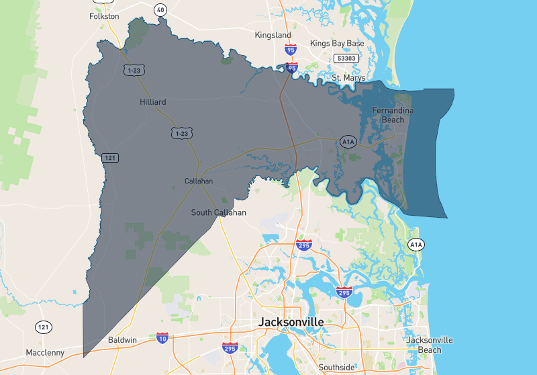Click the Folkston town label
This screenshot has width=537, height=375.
coord(104,15)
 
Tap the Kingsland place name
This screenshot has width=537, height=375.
coord(273,35)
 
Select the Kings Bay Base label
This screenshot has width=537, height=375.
coord(337,44)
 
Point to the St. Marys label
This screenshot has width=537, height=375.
coord(349,78)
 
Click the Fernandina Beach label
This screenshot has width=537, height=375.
coord(393,115)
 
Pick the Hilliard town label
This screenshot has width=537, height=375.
coord(153,102)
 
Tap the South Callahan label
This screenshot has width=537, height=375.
coord(218,212)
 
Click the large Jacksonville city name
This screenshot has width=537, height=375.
coord(291,323)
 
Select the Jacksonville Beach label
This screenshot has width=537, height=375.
coord(430,345)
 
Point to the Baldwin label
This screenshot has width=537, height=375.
coord(123,340)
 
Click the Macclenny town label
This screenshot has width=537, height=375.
coord(45,353)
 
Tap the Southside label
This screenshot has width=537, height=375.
coord(336,368)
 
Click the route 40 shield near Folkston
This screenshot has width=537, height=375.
coord(160,9)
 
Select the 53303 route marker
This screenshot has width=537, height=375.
coord(347,58)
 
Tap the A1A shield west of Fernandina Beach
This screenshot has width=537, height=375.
coord(348,142)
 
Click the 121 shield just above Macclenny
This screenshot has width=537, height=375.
coord(44,327)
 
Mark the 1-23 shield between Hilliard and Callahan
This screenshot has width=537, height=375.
coord(181,134)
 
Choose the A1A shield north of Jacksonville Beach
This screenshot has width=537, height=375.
coord(416,245)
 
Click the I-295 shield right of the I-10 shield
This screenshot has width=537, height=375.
coord(230,347)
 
